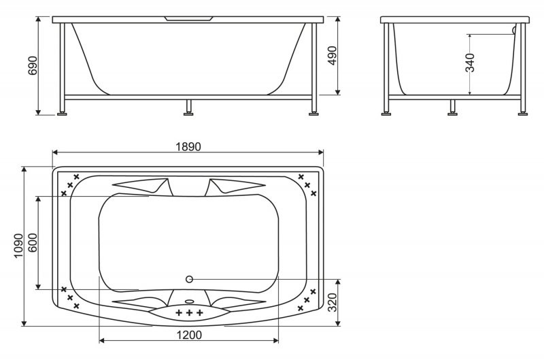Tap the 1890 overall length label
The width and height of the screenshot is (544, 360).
pyautogui.click(x=188, y=146)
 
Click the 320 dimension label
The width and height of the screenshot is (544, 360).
pyautogui.click(x=333, y=302)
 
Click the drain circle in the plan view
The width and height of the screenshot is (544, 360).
pyautogui.click(x=190, y=279)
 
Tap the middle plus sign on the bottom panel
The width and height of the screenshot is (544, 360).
pyautogui.click(x=190, y=312)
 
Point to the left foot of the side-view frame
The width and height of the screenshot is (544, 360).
pyautogui.click(x=63, y=112)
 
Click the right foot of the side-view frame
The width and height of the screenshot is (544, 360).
pyautogui.click(x=313, y=112)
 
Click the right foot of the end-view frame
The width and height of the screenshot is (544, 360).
pyautogui.click(x=522, y=112)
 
